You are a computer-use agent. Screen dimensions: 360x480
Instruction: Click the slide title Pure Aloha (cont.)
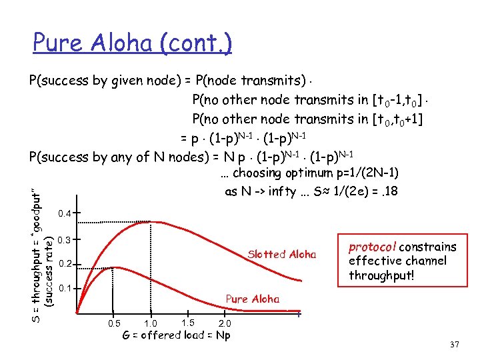coord(132,44)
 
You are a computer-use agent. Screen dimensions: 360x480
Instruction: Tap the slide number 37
coord(455,344)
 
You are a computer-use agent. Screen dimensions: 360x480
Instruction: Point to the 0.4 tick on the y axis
coord(65,214)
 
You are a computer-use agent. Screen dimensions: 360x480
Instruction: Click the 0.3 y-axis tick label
coord(65,239)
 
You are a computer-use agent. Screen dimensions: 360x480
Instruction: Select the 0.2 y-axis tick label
coord(65,265)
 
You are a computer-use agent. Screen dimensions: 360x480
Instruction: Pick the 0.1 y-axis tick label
coord(65,289)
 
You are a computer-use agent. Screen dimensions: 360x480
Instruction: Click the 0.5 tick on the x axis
coord(115,323)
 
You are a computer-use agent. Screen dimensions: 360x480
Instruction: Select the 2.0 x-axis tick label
coord(225,323)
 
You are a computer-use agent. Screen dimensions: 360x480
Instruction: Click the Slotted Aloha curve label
coord(281,254)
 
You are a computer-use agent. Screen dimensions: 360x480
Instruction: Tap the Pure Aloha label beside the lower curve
coord(253,299)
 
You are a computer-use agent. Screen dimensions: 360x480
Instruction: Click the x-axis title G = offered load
coord(177,335)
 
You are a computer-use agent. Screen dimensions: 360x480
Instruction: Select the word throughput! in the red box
coord(379,275)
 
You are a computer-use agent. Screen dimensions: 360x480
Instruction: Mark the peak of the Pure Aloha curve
coord(117,267)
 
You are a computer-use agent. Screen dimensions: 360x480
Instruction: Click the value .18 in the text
coord(390,191)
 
